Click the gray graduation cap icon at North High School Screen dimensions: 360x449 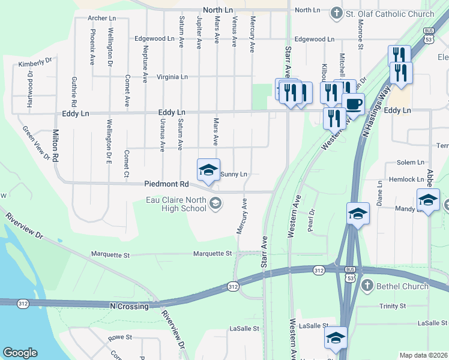coord(215,205)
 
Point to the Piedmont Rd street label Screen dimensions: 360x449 coord(166,184)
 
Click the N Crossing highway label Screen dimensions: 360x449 coord(129,307)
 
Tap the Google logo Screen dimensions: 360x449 coord(20,353)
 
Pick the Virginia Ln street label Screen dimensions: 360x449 coord(172,77)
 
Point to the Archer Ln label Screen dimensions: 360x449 coord(101,19)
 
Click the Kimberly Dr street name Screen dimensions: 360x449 coord(35,63)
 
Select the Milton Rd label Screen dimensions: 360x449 coord(55,146)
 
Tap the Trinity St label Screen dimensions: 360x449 coord(393,307)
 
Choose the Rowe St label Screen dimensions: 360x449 coord(119,338)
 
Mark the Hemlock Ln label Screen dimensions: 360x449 coord(406,179)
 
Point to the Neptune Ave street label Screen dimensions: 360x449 coord(145,63)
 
